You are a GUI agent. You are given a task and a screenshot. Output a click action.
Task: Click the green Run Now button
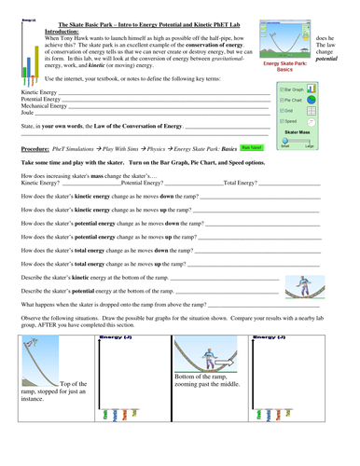tap(251, 147)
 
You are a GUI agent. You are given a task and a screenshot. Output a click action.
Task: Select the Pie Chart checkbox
tap(284, 101)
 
